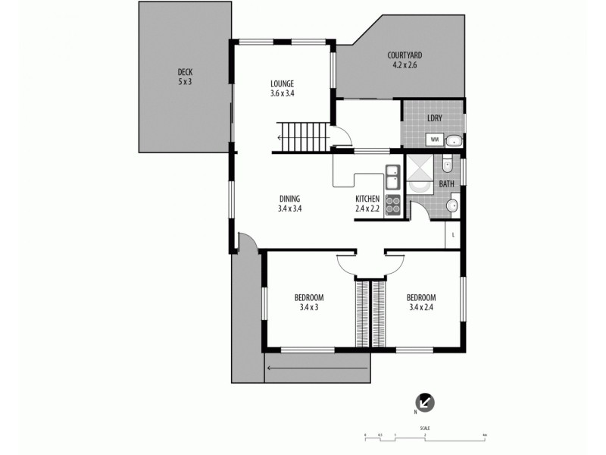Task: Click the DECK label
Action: point(186,72)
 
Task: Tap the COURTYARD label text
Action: point(404,55)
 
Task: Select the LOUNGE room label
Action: point(282,83)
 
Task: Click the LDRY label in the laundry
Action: point(435,118)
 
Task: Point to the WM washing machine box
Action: point(434,140)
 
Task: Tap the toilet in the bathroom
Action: point(448,163)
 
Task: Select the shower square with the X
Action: point(418,179)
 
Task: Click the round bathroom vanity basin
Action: point(454,205)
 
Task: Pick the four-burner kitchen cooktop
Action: point(392,206)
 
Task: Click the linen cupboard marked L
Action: point(453,236)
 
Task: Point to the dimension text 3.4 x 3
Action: point(309,307)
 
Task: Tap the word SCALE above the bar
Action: point(425,428)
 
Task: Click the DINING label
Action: point(289,199)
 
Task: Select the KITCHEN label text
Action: point(368,199)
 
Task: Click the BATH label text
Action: point(447,184)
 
